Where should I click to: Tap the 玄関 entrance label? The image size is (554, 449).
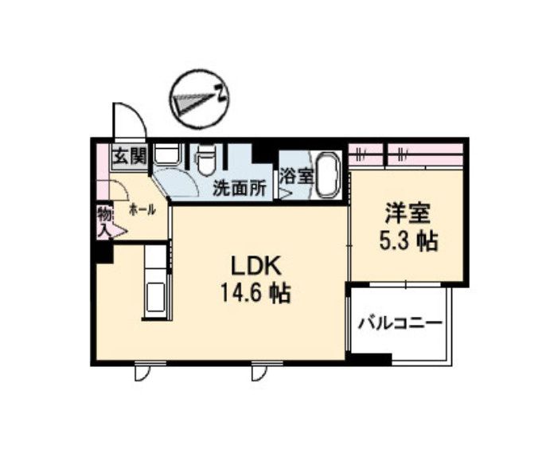128,156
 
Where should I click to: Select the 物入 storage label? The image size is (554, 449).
103,222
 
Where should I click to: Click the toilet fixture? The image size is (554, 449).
205,160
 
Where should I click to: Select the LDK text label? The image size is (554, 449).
254,265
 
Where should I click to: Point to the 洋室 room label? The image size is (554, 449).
408,213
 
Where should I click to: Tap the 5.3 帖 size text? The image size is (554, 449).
408,240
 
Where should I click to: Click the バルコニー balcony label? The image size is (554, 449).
399,324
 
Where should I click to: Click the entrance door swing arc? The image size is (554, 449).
127,119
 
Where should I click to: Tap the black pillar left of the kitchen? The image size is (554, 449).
101,252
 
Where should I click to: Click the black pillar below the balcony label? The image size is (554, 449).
369,359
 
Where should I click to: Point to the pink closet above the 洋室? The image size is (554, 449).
406,153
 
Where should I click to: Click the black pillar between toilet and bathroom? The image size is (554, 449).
263,153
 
